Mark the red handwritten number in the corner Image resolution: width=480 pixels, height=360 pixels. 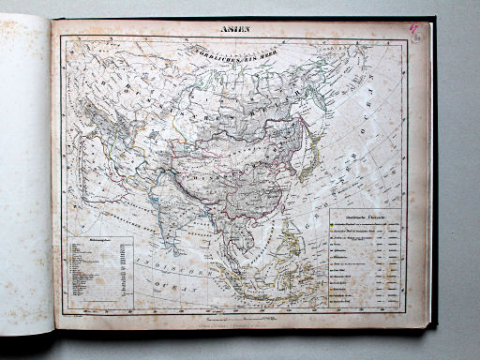coord(412,32)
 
